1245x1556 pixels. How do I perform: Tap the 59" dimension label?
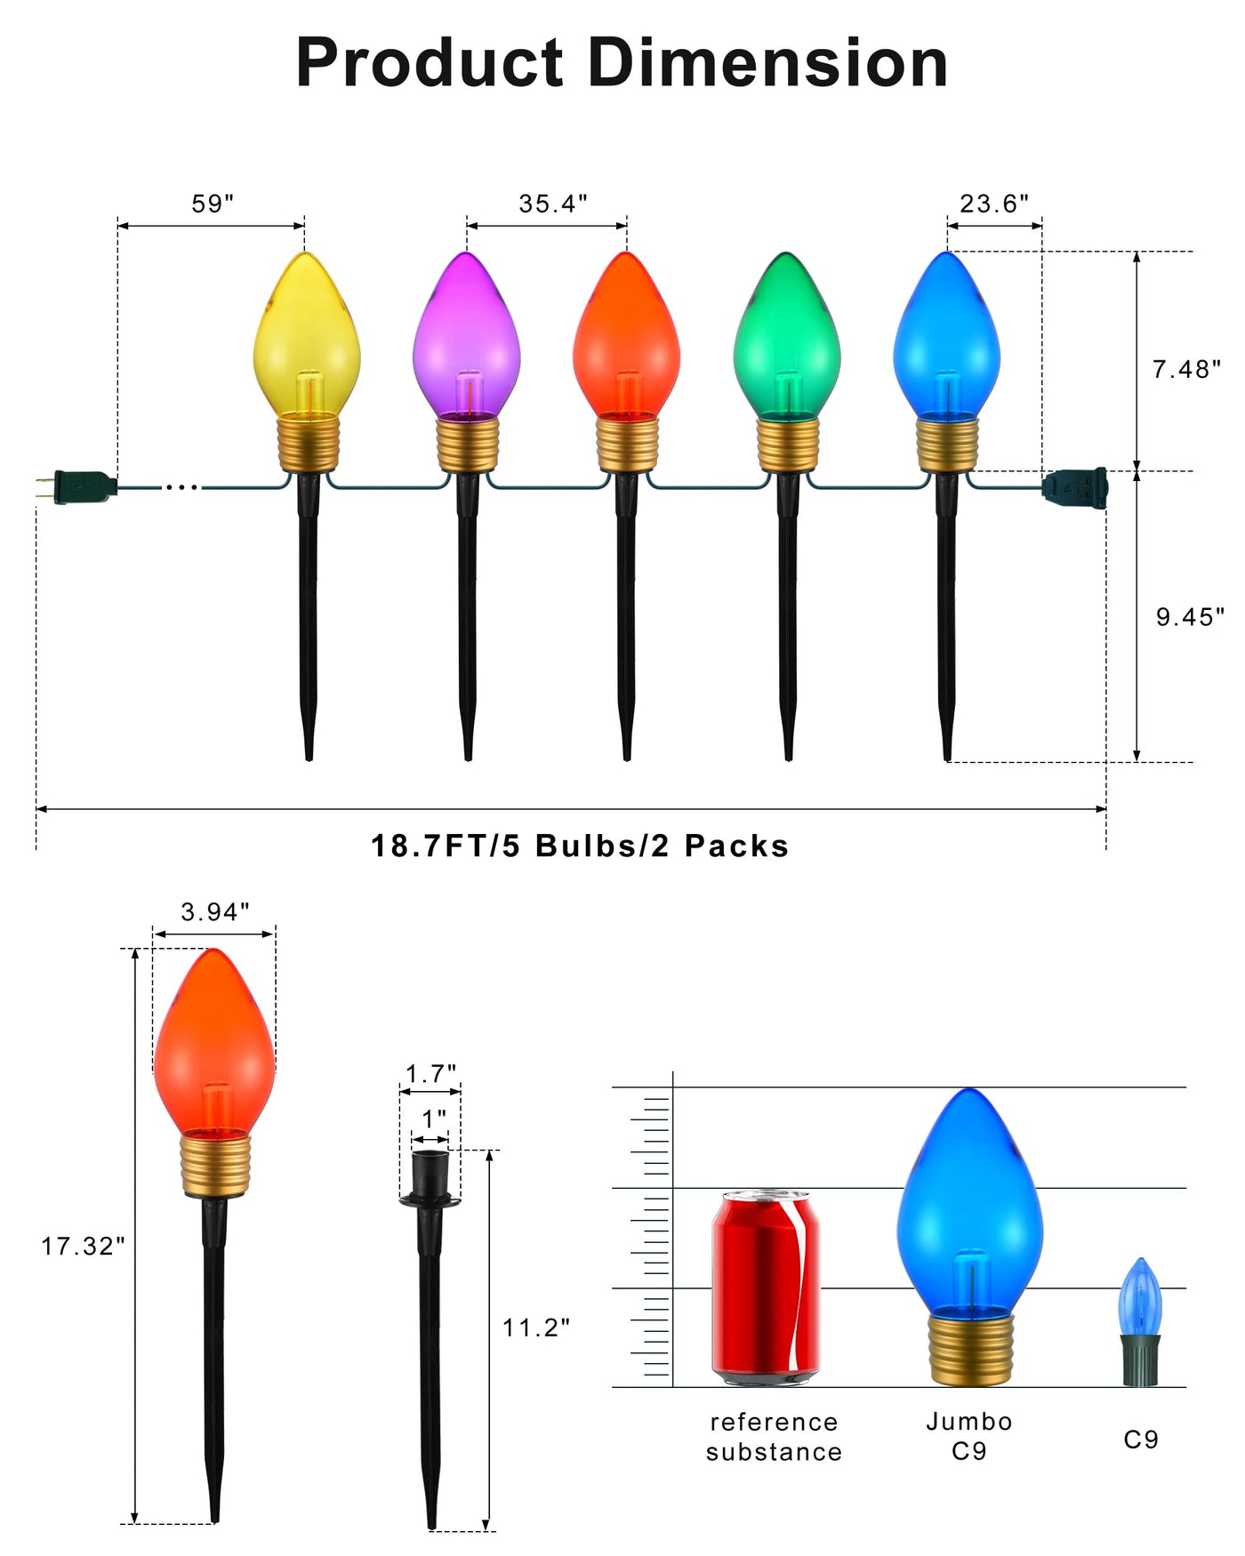tap(213, 204)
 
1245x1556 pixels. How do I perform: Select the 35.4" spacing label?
tap(553, 204)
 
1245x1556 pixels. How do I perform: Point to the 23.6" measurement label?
tap(994, 204)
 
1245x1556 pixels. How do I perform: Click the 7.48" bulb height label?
tap(1187, 369)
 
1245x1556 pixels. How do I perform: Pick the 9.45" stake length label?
tap(1190, 616)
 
